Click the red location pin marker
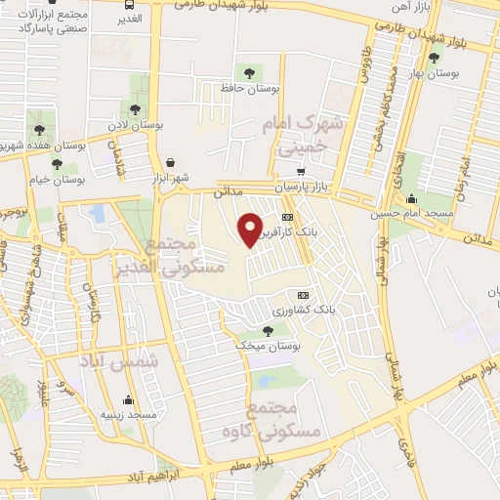(251, 229)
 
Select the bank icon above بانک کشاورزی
(302, 295)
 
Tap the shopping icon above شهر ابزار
(172, 162)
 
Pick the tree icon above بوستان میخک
(268, 332)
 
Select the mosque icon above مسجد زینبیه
(128, 399)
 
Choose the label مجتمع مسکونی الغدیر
(187, 254)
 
